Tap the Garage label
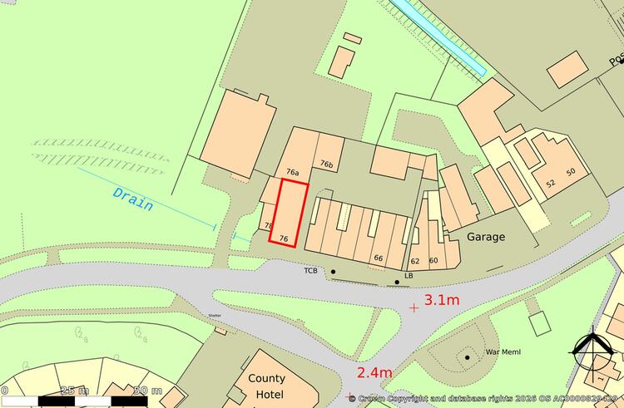coord(485,237)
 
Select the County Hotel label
coord(266,386)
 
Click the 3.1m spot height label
coord(442,300)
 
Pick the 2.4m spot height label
coord(374,372)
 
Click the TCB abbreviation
coord(311,271)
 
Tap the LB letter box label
coord(409,275)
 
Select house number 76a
coord(292,172)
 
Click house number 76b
coord(327,165)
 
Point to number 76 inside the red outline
coord(284,238)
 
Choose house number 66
coord(378,258)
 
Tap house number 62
coord(415,261)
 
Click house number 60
coord(433,260)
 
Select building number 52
coord(550,183)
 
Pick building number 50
coord(571,172)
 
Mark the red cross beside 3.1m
coord(414,307)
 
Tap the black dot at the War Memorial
coord(468,357)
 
